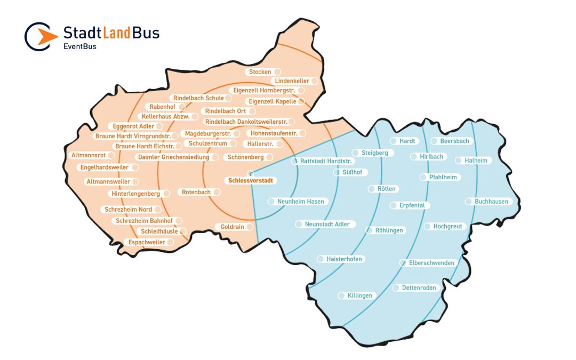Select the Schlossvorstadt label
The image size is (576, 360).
(x=250, y=180)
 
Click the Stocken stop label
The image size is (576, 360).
(x=260, y=71)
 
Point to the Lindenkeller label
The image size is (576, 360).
(x=292, y=81)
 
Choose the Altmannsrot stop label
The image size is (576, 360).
(x=89, y=155)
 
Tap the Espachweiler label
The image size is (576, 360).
(x=147, y=242)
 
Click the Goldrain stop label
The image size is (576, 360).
(x=233, y=227)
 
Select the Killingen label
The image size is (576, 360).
(x=360, y=295)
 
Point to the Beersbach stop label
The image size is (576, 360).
(x=454, y=141)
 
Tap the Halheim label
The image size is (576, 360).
(x=476, y=161)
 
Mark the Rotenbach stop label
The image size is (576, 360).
(x=196, y=192)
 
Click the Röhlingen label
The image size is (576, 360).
(x=389, y=230)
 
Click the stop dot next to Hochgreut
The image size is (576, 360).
(x=427, y=227)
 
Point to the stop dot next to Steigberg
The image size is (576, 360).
(x=356, y=153)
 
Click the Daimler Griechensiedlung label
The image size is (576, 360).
(x=174, y=157)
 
